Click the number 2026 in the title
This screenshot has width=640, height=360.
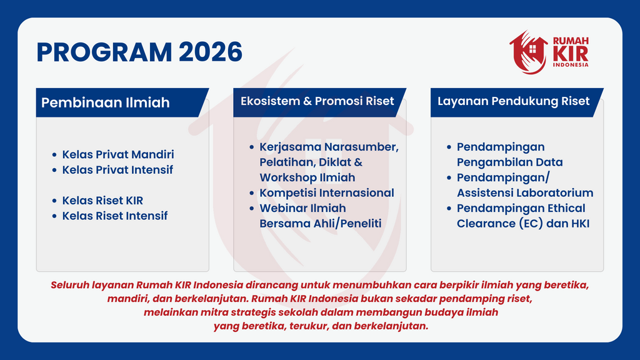(211, 52)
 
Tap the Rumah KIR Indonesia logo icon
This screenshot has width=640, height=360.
(528, 52)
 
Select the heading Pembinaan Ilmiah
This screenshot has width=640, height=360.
(105, 102)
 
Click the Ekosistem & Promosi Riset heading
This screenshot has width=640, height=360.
(317, 101)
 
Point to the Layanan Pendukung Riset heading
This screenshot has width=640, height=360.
(514, 101)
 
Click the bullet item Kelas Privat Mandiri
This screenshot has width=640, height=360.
(118, 154)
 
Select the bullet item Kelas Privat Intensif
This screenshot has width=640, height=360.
(117, 170)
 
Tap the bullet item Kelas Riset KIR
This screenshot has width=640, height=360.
(102, 201)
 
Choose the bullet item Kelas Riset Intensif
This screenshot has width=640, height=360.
(115, 216)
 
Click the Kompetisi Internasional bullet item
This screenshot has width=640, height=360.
(326, 192)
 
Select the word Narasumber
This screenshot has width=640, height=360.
(361, 147)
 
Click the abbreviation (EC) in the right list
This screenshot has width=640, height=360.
(531, 224)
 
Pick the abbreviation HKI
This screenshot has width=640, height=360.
(578, 224)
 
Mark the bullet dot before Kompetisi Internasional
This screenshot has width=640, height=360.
(252, 193)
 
